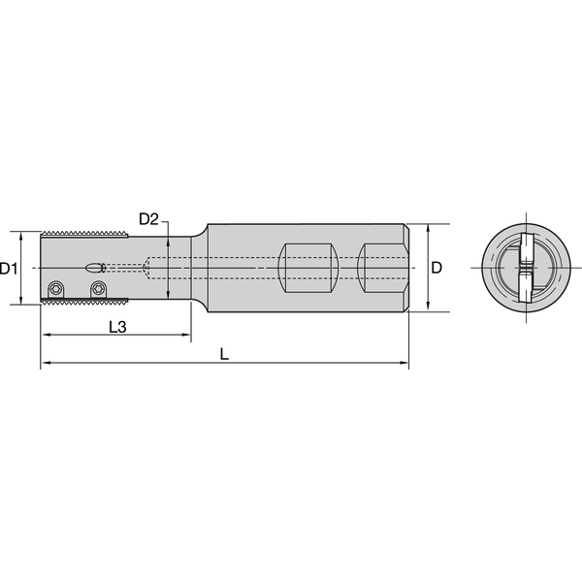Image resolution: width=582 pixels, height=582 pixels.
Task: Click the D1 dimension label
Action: tap(10, 268)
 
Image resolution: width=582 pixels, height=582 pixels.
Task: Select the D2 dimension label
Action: tap(147, 219)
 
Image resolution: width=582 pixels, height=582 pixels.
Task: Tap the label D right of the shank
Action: tap(437, 268)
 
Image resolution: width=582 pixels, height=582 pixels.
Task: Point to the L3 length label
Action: tap(115, 327)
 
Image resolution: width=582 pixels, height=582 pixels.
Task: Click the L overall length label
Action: tap(224, 355)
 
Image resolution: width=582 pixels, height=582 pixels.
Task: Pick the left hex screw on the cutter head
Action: tap(57, 288)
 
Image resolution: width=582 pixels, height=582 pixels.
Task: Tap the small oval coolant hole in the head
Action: tap(94, 268)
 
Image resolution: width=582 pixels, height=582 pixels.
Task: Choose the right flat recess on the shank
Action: tap(382, 269)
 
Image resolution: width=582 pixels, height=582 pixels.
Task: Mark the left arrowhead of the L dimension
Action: tap(45, 366)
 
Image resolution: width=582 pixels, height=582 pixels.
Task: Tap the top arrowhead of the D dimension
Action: tap(428, 229)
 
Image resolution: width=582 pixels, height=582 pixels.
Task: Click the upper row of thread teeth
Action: tap(85, 235)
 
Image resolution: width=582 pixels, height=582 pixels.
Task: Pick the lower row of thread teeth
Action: tap(85, 303)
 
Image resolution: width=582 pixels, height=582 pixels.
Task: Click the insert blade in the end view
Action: tap(524, 269)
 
